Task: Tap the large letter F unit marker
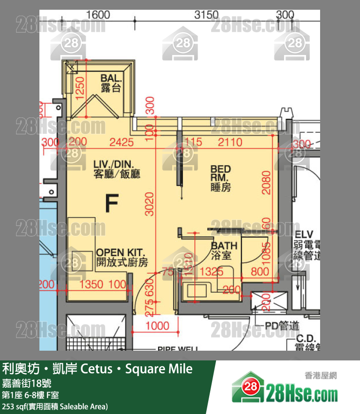(x=111, y=204)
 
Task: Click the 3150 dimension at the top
(x=206, y=15)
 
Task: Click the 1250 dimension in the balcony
(x=81, y=87)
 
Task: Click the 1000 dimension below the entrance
(x=157, y=326)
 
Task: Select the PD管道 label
(x=282, y=326)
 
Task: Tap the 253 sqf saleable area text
(x=55, y=406)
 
